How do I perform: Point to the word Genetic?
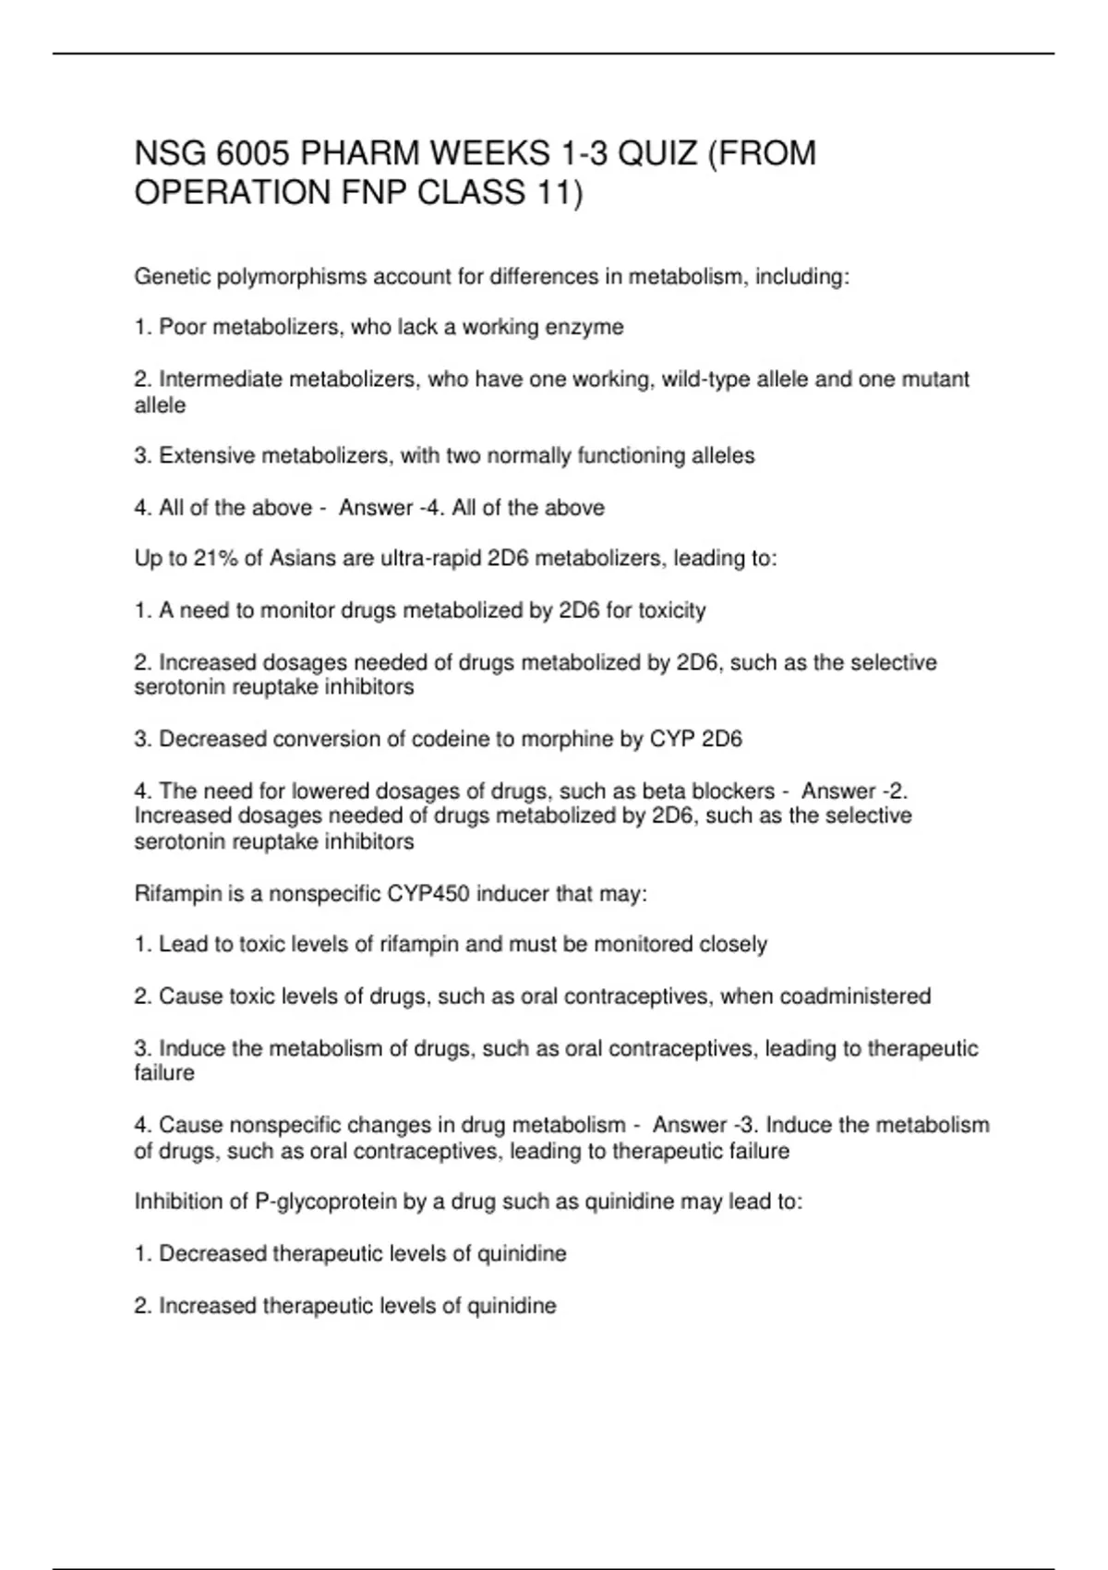click(x=172, y=276)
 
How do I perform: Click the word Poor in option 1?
click(x=183, y=327)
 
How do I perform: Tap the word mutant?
click(x=934, y=379)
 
